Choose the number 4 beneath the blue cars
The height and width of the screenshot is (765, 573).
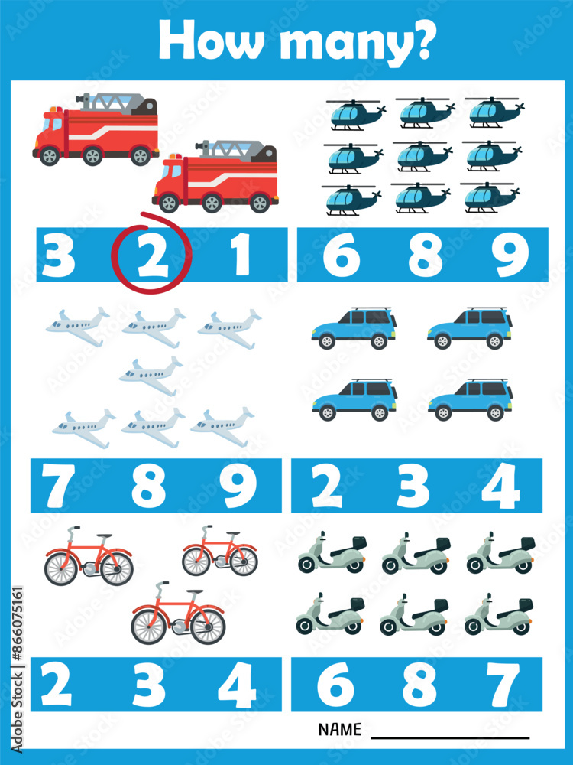(x=501, y=487)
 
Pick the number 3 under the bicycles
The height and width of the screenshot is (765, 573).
(x=148, y=684)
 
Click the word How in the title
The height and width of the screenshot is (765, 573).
(x=199, y=40)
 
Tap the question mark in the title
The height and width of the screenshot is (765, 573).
(x=421, y=40)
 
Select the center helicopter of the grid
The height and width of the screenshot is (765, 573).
(x=424, y=156)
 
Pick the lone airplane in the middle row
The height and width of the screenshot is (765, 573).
(x=151, y=375)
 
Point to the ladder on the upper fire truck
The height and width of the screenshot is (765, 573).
(x=115, y=100)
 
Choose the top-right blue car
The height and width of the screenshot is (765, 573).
(x=470, y=327)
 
